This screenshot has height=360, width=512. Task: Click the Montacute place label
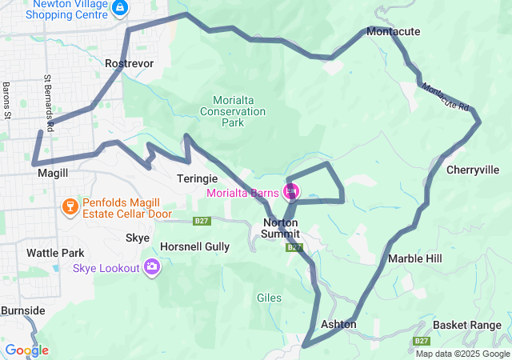point(394,31)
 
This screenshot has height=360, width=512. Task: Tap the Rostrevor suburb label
point(129,62)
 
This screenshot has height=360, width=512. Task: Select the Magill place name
point(52,173)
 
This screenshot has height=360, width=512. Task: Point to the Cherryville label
point(473,170)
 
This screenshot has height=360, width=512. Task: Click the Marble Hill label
point(415,259)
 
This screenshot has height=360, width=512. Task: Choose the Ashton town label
point(338,325)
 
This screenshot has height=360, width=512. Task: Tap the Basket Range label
point(467,325)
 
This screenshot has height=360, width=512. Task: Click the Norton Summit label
point(280,228)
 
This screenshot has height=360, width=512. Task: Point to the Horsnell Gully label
point(195,246)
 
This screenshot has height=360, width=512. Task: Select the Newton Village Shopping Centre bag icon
point(119,9)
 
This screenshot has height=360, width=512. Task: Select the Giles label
point(269,298)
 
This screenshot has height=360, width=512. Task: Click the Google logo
point(26,350)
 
